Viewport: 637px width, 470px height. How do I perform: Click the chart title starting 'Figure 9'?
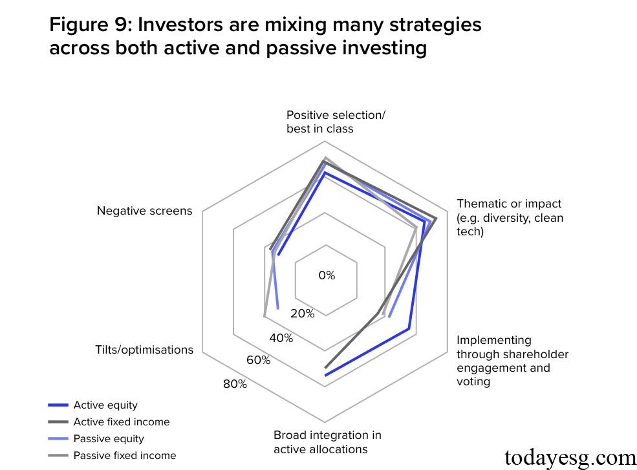click(x=265, y=36)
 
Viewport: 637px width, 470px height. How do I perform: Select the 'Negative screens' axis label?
click(x=144, y=211)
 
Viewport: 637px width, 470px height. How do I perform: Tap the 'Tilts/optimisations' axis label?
click(x=144, y=350)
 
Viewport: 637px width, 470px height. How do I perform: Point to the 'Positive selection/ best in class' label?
click(x=336, y=122)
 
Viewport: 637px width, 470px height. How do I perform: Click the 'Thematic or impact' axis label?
click(x=510, y=217)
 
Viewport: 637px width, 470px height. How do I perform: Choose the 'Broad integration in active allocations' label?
click(x=327, y=442)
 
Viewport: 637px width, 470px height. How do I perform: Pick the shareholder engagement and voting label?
click(x=512, y=361)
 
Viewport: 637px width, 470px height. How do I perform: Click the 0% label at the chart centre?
click(x=327, y=275)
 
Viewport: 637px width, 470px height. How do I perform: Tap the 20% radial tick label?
click(x=302, y=314)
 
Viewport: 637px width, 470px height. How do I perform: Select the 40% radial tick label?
click(x=281, y=338)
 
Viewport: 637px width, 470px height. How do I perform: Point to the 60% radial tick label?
click(x=258, y=360)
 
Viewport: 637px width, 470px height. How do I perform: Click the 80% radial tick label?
click(x=235, y=384)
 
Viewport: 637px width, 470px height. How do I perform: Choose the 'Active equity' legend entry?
click(x=105, y=405)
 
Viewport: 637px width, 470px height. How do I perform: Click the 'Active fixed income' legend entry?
click(x=122, y=422)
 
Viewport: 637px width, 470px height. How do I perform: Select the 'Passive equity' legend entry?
click(x=109, y=439)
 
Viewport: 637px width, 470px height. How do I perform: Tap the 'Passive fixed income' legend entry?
click(x=124, y=456)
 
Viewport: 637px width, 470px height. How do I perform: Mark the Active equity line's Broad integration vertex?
click(x=325, y=375)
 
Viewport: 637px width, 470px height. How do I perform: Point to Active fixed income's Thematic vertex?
click(x=436, y=219)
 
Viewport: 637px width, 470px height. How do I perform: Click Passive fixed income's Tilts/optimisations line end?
click(x=265, y=316)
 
